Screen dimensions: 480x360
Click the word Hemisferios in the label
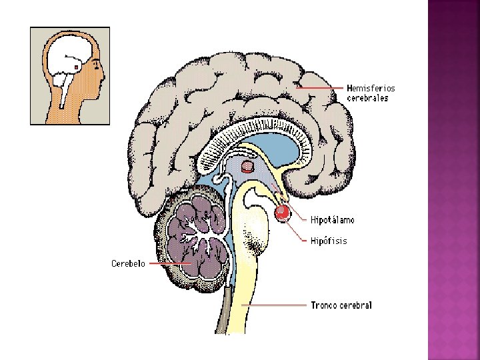(x=371, y=88)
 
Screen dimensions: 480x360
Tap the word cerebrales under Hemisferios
(x=367, y=98)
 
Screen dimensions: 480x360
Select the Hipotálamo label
(x=333, y=219)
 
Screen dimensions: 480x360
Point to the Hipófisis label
(x=329, y=241)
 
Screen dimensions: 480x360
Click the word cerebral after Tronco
(x=356, y=305)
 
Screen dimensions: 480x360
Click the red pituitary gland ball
(x=282, y=213)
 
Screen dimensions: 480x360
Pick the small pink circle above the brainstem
(x=247, y=166)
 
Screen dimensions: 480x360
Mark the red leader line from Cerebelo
(x=170, y=263)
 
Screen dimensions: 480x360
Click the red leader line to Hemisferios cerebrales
(x=320, y=88)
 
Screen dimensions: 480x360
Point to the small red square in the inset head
(x=77, y=67)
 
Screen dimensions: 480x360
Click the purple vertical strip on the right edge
(x=453, y=180)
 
